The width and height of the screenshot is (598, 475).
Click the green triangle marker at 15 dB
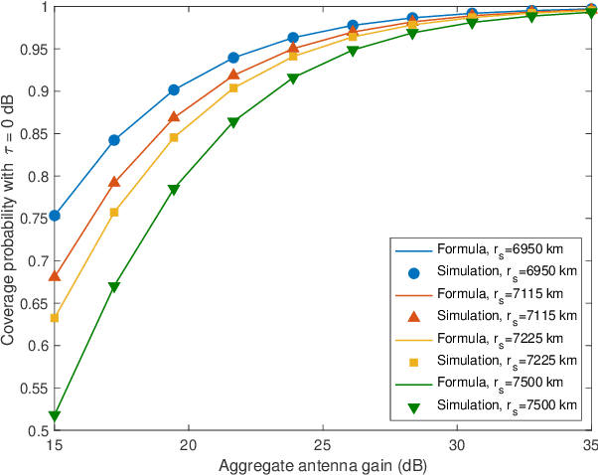tap(55, 415)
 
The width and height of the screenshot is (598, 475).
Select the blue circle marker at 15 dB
tap(55, 216)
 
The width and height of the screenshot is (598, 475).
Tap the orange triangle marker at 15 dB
tap(55, 275)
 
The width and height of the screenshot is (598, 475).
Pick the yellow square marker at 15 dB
tap(55, 318)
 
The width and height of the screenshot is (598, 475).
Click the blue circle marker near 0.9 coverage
tap(174, 89)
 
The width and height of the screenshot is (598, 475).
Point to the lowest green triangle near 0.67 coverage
tap(114, 287)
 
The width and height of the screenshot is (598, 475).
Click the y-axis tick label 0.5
tap(37, 431)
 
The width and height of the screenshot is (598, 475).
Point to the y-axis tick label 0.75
tap(34, 219)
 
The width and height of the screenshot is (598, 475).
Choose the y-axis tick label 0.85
tap(34, 133)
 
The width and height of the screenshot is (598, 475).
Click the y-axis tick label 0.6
tap(37, 346)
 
